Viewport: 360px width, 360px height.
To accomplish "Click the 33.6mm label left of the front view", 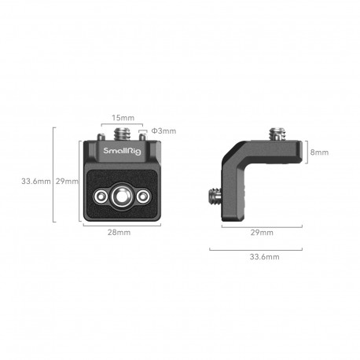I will click(x=36, y=182).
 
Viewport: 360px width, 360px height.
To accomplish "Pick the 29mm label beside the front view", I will click(x=68, y=182).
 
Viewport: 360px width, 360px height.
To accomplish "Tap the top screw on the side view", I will click(x=278, y=131).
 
